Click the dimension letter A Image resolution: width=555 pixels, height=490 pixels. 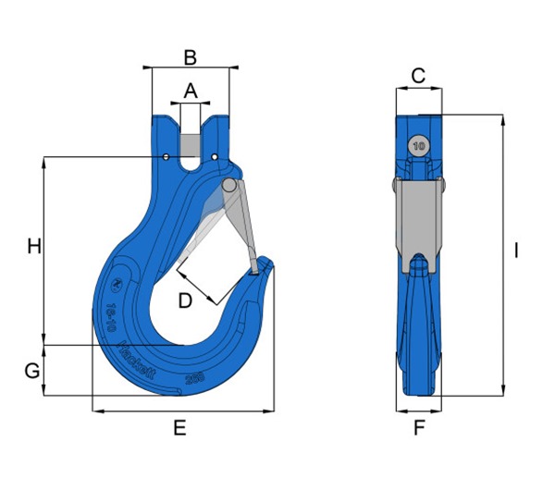click(x=191, y=91)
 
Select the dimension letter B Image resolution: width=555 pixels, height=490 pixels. click(x=190, y=57)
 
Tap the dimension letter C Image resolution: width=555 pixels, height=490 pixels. click(x=418, y=76)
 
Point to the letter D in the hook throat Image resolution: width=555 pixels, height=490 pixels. click(x=185, y=300)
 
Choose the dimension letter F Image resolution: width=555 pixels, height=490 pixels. click(x=419, y=428)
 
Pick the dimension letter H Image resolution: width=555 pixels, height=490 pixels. click(x=33, y=247)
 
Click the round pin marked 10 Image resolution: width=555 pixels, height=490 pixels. click(x=419, y=146)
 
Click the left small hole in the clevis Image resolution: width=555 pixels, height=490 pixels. click(x=166, y=158)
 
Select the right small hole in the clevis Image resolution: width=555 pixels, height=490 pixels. click(x=215, y=158)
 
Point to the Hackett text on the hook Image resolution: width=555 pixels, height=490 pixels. click(x=136, y=356)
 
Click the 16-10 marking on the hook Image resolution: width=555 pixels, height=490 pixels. click(x=112, y=314)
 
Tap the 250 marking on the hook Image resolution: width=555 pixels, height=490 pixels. click(x=194, y=378)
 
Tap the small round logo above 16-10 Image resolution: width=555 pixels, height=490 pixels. click(x=117, y=286)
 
